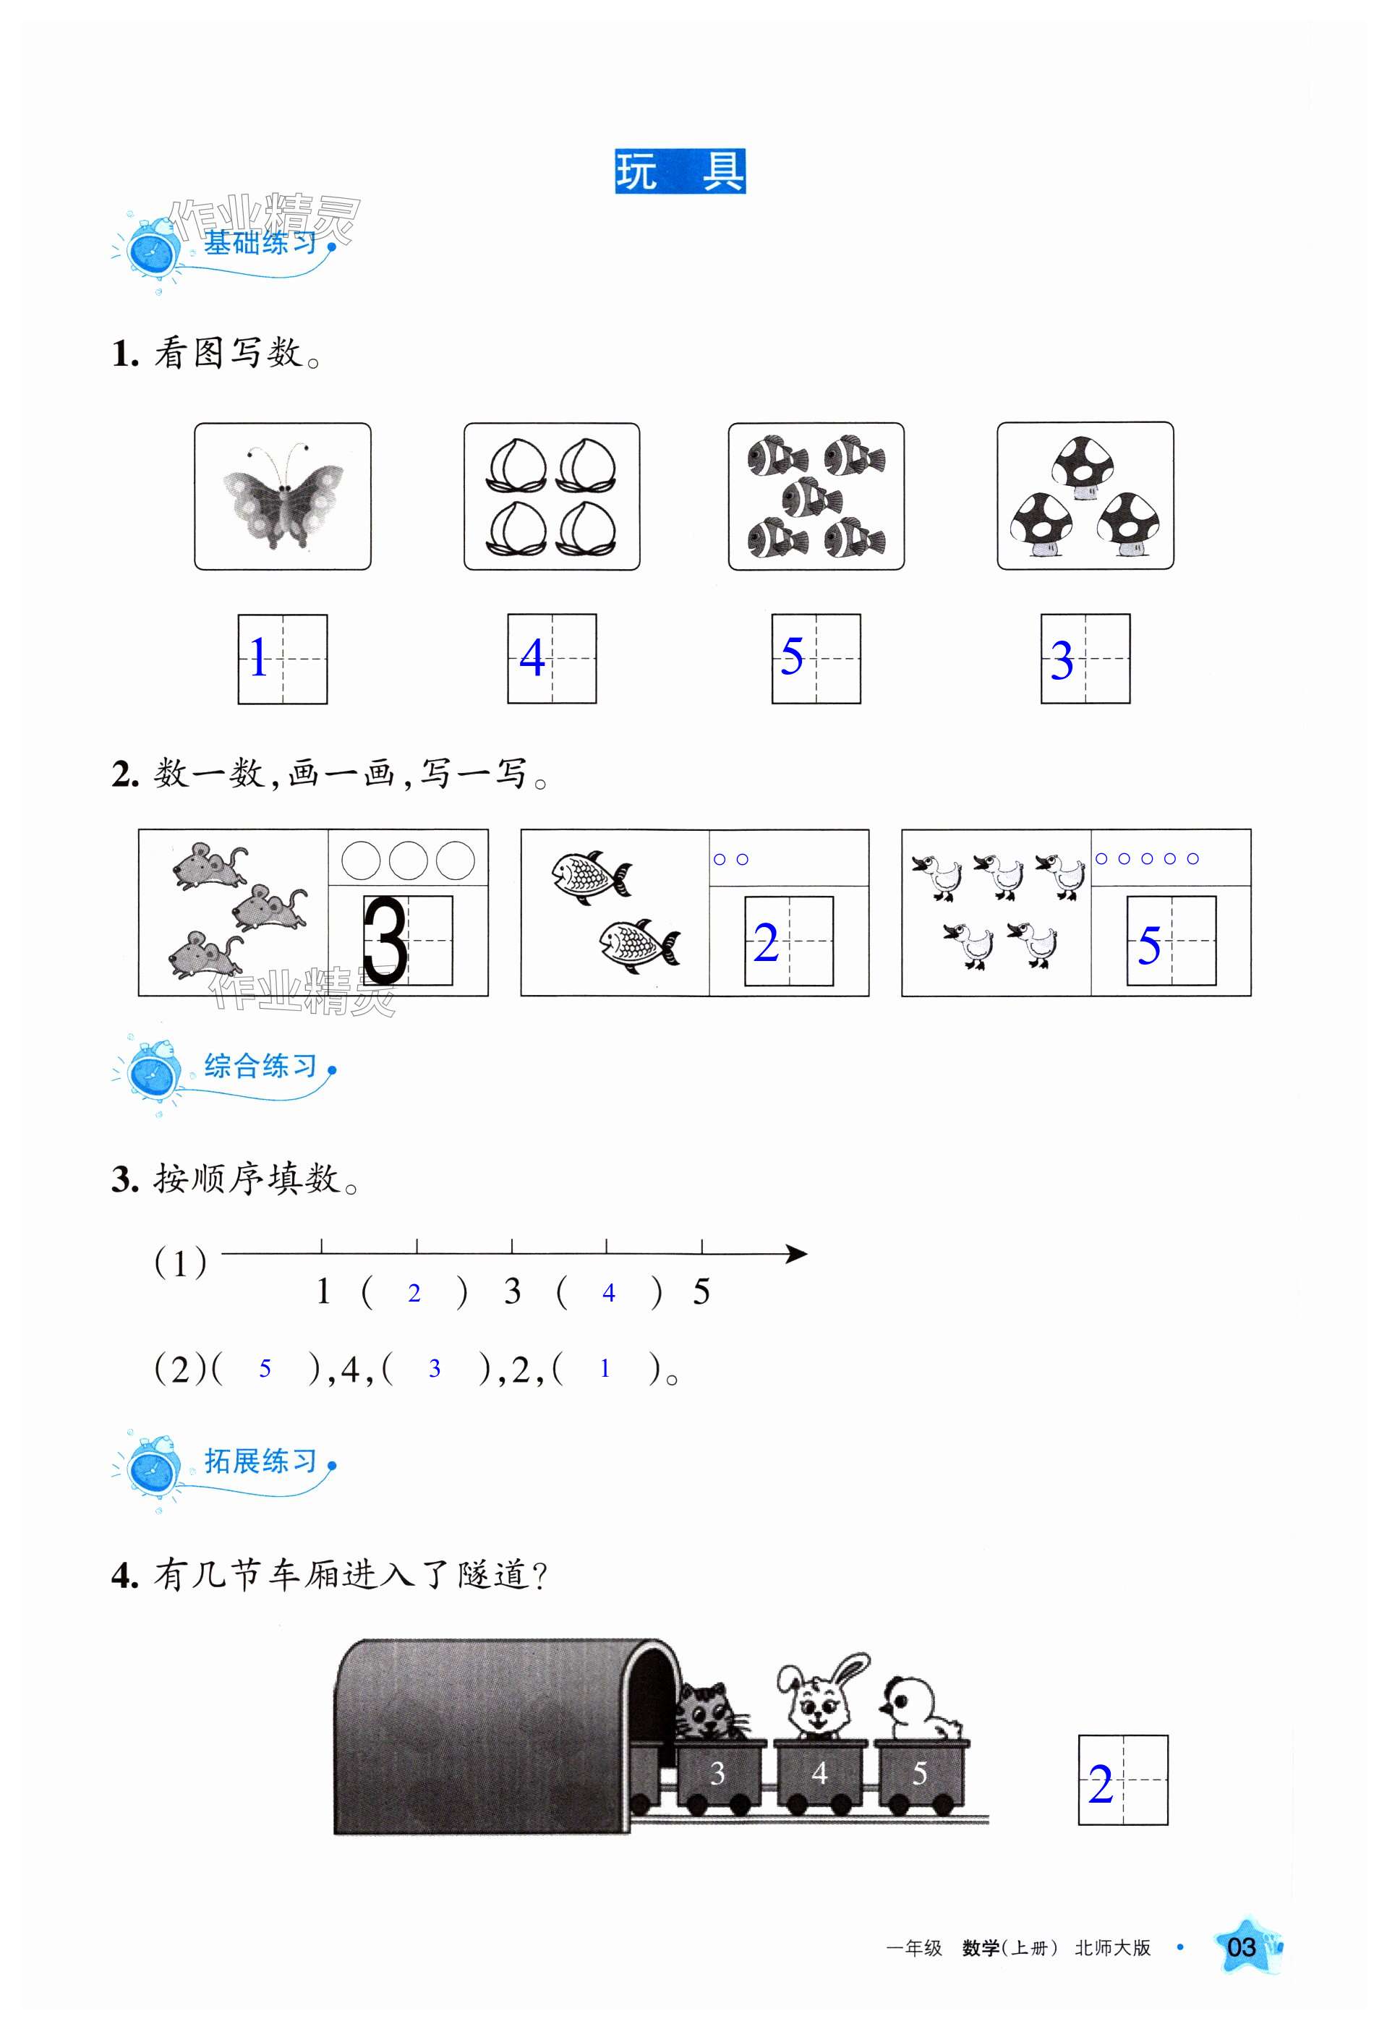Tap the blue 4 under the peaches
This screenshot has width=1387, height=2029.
(x=532, y=657)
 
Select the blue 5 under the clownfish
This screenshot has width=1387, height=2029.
(x=792, y=656)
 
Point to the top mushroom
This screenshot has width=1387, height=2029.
(x=1085, y=468)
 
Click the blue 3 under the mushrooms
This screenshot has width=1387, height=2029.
(x=1062, y=660)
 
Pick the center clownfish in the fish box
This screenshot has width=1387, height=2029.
(x=813, y=497)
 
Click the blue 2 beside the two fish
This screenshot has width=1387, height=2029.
(x=766, y=944)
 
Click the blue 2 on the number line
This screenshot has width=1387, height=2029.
(x=414, y=1294)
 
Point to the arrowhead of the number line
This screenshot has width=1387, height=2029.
(x=796, y=1255)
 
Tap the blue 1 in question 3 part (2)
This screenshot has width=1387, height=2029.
(x=604, y=1368)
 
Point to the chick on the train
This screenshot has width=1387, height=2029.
(x=919, y=1706)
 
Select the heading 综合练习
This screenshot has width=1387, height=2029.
(x=260, y=1065)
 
